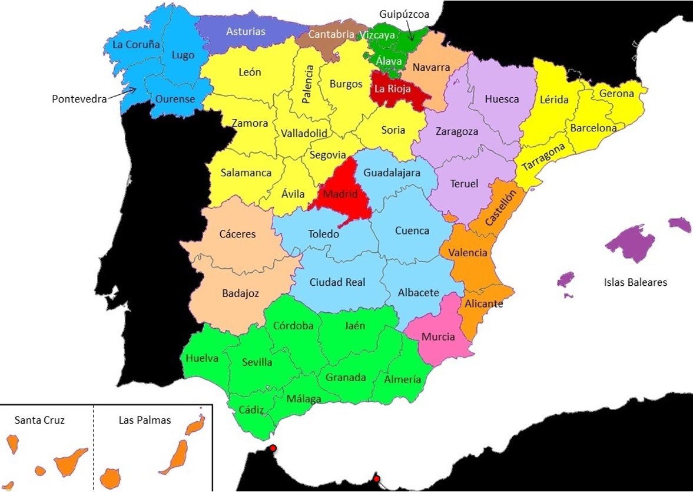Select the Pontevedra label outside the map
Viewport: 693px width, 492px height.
click(79, 99)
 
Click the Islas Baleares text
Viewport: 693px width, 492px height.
click(635, 282)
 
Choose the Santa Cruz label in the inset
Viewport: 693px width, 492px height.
click(39, 420)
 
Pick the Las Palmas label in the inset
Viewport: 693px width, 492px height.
click(145, 420)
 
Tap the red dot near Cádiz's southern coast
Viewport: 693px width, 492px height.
click(273, 448)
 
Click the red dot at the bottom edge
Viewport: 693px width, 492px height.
click(376, 478)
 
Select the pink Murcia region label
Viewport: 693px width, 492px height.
click(438, 337)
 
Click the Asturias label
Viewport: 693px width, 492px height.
click(246, 31)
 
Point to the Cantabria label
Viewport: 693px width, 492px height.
click(331, 35)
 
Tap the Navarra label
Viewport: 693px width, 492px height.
click(431, 67)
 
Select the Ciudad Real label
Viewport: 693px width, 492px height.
click(337, 282)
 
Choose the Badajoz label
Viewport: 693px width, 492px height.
click(240, 293)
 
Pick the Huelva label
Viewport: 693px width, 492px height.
click(201, 358)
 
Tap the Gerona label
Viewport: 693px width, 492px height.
click(616, 94)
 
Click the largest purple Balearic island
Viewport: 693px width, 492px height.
click(630, 241)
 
